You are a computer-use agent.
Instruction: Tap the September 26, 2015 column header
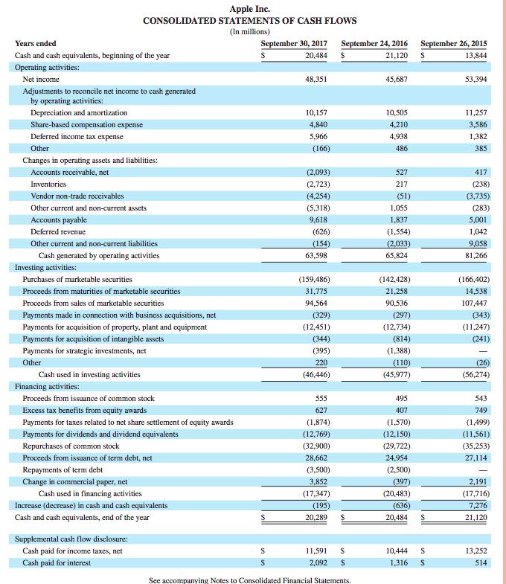point(455,43)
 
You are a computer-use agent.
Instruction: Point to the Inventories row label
point(48,184)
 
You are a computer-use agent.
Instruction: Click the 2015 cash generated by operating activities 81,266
point(474,255)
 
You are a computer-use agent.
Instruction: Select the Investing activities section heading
point(45,267)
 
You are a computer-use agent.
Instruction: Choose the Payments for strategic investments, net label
point(84,350)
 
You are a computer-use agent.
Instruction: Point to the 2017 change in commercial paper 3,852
point(318,481)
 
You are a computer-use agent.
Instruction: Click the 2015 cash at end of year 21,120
point(474,517)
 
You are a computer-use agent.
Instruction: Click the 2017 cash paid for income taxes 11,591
point(317,551)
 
